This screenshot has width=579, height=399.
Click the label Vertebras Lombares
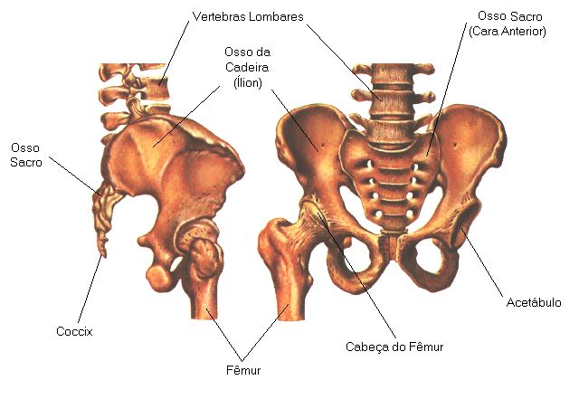point(247,17)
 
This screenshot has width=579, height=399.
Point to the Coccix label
point(74,331)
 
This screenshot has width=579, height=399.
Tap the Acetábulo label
point(534,302)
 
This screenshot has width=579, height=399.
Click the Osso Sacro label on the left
point(26,155)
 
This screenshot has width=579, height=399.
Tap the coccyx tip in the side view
point(102,252)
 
